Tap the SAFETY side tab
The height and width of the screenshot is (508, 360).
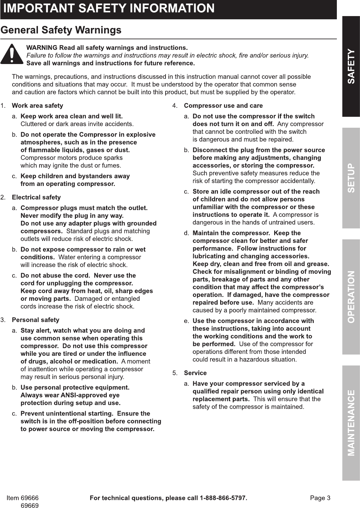coord(351,66)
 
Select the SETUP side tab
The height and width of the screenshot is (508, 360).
coord(351,178)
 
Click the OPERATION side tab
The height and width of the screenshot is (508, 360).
coord(351,297)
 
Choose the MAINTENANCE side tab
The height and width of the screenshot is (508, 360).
coord(351,423)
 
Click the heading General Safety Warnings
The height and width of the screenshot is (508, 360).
coord(61,30)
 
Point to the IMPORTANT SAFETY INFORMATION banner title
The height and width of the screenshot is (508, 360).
coord(109,8)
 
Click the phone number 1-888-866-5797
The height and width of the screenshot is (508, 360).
coord(223,498)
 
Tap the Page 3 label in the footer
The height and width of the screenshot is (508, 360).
coord(320,498)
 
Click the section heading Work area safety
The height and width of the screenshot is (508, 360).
coord(37,106)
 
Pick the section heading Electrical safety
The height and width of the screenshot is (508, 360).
coord(36,197)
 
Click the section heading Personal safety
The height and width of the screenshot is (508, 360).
coord(35,320)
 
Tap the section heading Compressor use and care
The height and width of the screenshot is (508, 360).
coord(223,106)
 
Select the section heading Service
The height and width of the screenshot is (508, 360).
coord(195,373)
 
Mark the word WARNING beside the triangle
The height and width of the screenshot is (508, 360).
coord(42,48)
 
